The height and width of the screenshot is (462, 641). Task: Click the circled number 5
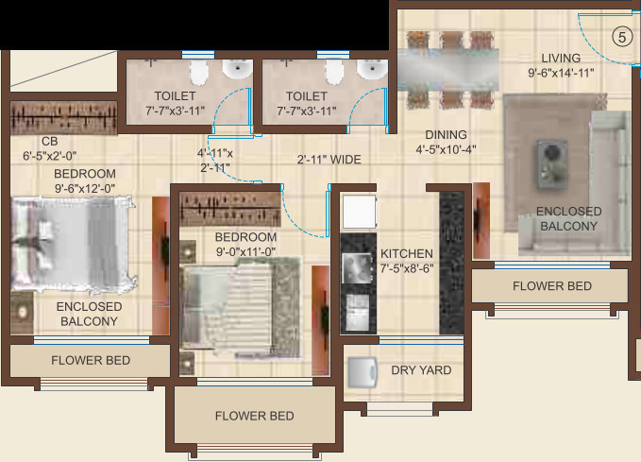[x=620, y=38]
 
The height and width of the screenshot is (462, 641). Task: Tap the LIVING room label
[x=561, y=58]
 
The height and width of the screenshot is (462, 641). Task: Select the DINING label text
[x=446, y=134]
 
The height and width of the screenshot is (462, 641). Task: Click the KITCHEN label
[x=407, y=253]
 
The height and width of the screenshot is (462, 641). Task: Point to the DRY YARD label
[x=421, y=370]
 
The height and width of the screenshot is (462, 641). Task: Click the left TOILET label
[x=175, y=96]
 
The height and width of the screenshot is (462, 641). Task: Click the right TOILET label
[x=306, y=96]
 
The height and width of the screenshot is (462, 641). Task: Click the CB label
[x=36, y=142]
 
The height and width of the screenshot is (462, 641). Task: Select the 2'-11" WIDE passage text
[x=329, y=159]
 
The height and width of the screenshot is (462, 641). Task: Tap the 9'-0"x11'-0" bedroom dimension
[x=245, y=251]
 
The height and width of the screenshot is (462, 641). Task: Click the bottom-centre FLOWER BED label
[x=254, y=416]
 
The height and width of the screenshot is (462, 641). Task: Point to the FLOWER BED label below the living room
[x=552, y=285]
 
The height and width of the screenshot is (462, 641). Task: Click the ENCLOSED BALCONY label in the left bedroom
[x=89, y=314]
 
